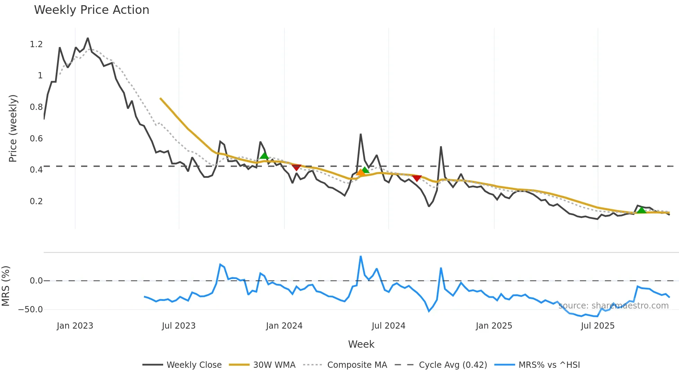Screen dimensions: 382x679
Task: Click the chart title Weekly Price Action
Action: pyautogui.click(x=91, y=10)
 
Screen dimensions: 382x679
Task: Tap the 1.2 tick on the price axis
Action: pyautogui.click(x=36, y=44)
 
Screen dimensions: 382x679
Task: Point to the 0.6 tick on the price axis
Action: pyautogui.click(x=36, y=139)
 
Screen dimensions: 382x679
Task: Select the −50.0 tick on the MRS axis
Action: pyautogui.click(x=30, y=310)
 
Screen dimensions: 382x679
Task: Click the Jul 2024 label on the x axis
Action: pyautogui.click(x=388, y=326)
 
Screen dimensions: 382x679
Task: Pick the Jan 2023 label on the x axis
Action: pyautogui.click(x=75, y=326)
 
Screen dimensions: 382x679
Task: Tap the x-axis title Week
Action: pyautogui.click(x=361, y=344)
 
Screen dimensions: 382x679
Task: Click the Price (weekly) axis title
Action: pyautogui.click(x=13, y=128)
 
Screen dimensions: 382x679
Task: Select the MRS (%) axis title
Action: pyautogui.click(x=6, y=286)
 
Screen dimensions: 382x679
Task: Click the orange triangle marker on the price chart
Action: pyautogui.click(x=360, y=172)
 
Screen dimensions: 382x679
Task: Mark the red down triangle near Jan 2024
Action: pyautogui.click(x=296, y=167)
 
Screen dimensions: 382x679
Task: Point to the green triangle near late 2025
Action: pyautogui.click(x=642, y=210)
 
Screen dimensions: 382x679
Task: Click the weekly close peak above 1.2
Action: pyautogui.click(x=88, y=38)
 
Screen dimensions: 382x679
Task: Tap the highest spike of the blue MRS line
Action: pyautogui.click(x=361, y=257)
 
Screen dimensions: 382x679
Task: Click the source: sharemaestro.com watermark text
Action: pyautogui.click(x=613, y=306)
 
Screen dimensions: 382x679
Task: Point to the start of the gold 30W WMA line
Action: pyautogui.click(x=160, y=98)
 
